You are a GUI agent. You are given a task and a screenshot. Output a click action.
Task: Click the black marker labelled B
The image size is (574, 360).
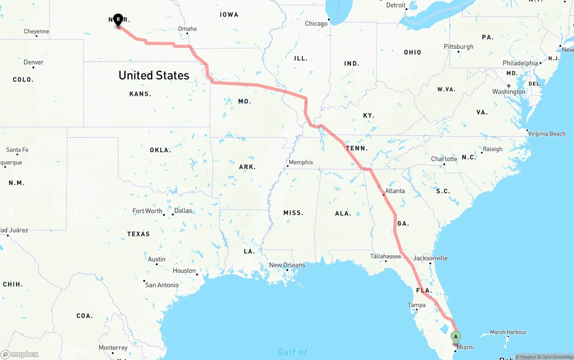pos(118,20)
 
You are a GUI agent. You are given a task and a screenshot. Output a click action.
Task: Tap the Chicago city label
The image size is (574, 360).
pos(316,23)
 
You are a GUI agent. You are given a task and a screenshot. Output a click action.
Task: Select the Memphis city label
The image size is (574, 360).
pos(301,162)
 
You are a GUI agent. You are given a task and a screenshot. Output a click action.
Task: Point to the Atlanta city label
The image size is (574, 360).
pos(395,191)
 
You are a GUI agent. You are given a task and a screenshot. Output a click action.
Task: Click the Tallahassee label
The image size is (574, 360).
pos(386,256)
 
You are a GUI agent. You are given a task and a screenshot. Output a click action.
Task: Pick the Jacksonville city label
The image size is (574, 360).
pos(430,258)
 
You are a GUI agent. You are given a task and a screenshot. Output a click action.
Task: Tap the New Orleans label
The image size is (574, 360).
pos(287,265)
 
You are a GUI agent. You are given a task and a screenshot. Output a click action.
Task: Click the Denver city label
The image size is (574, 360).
pos(34,62)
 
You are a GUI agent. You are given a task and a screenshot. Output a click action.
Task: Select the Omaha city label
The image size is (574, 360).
pos(187,29)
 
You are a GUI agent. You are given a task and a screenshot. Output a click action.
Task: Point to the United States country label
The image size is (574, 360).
pos(154,75)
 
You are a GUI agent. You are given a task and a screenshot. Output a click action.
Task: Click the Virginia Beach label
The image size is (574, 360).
pos(547,134)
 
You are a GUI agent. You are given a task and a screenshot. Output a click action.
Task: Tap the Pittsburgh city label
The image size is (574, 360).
pos(459,47)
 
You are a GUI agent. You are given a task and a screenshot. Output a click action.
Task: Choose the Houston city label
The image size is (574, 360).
pos(184,271)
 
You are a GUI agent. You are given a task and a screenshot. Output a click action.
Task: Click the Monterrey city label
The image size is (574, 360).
pos(113,348)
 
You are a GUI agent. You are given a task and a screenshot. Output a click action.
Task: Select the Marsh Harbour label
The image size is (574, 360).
pos(508,332)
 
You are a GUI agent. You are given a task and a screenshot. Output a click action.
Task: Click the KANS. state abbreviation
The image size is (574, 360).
pos(140,94)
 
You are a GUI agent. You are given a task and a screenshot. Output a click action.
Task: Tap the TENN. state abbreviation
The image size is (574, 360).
pos(357,148)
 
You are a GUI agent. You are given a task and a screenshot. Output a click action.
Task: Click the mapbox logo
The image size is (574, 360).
pos(20,354)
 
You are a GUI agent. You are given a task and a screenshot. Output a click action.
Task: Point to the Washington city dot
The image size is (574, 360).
pos(509,86)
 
